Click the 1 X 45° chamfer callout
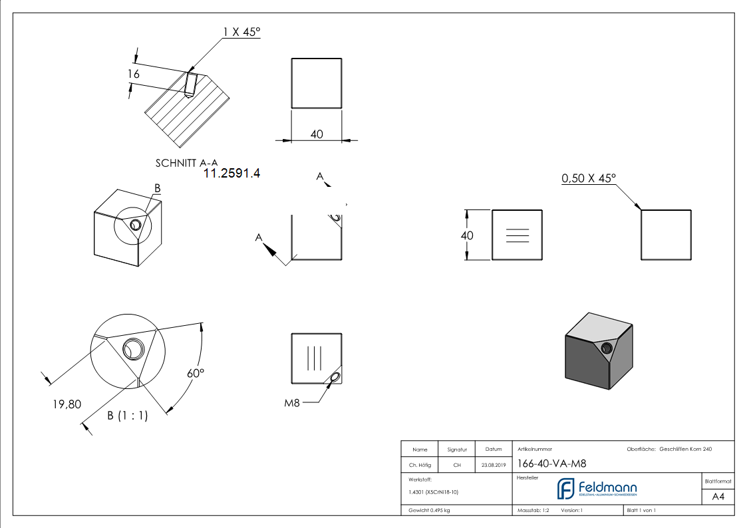pos(241,31)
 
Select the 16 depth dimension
pos(134,74)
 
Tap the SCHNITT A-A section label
pos(186,162)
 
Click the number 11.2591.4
pos(231,174)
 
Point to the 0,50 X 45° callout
pos(589,178)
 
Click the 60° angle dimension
pos(194,373)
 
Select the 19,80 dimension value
pos(67,403)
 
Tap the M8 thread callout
pos(293,402)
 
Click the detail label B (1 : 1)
pos(128,416)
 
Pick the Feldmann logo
pos(596,489)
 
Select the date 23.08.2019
pos(493,465)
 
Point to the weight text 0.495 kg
pos(429,510)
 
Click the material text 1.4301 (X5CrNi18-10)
pos(434,492)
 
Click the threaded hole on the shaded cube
pos(606,348)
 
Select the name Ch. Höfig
pos(420,465)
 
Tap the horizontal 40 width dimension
pos(317,134)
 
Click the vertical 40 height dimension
pos(467,235)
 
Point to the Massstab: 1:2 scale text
pos(533,510)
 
